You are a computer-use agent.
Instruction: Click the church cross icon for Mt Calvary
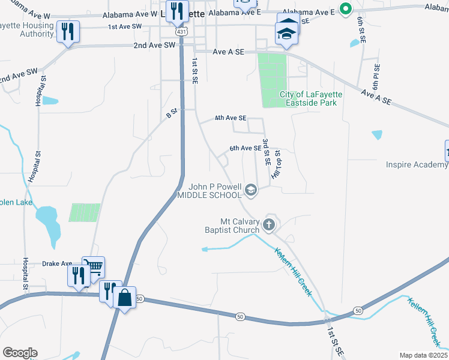270,226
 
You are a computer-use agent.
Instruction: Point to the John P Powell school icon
251,191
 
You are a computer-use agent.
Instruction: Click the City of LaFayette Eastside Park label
309,98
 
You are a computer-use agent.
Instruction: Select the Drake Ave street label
57,263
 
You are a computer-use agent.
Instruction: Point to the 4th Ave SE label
231,118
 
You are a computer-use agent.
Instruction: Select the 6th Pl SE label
376,77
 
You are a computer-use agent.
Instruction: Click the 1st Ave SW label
125,27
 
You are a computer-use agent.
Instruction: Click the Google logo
20,353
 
